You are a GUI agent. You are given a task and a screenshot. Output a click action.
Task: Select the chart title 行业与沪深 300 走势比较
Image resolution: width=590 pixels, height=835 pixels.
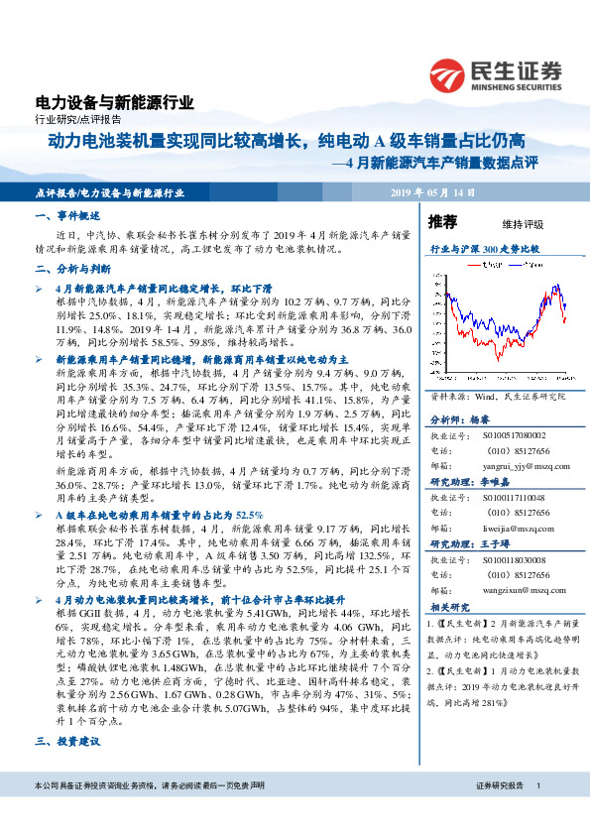click(x=485, y=250)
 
